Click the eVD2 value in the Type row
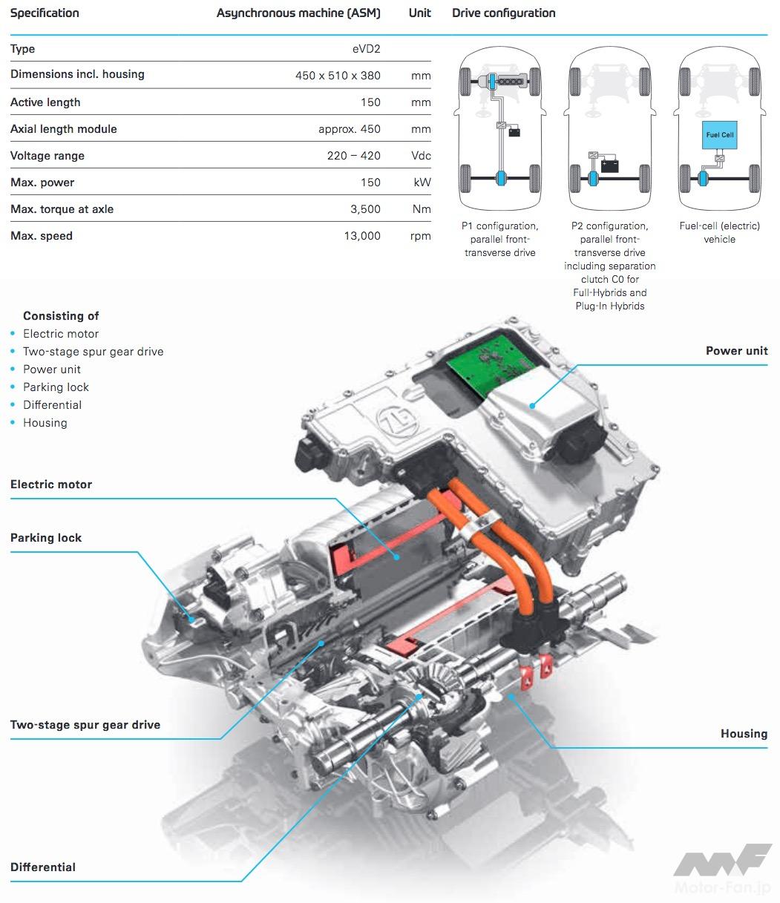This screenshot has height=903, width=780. pos(366,49)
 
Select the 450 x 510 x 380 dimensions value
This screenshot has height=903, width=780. pos(338,76)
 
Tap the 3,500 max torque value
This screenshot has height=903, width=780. pos(365,209)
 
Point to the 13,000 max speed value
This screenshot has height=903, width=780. pos(363,236)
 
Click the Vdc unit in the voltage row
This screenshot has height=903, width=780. pos(421,156)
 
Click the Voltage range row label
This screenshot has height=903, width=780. pos(47,156)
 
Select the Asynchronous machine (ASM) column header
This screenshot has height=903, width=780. pos(298,13)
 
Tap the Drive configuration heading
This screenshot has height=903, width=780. pos(503,13)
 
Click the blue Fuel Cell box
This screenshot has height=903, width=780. pos(719,136)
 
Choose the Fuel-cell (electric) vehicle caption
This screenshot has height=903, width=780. pos(719,232)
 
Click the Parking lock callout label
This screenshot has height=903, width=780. pos(46,538)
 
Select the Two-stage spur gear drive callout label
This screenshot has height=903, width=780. pos(85,725)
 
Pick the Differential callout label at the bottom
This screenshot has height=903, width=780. pos(43,867)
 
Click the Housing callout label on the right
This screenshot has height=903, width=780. pos(744,734)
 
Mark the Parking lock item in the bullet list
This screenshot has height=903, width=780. pos(56,387)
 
